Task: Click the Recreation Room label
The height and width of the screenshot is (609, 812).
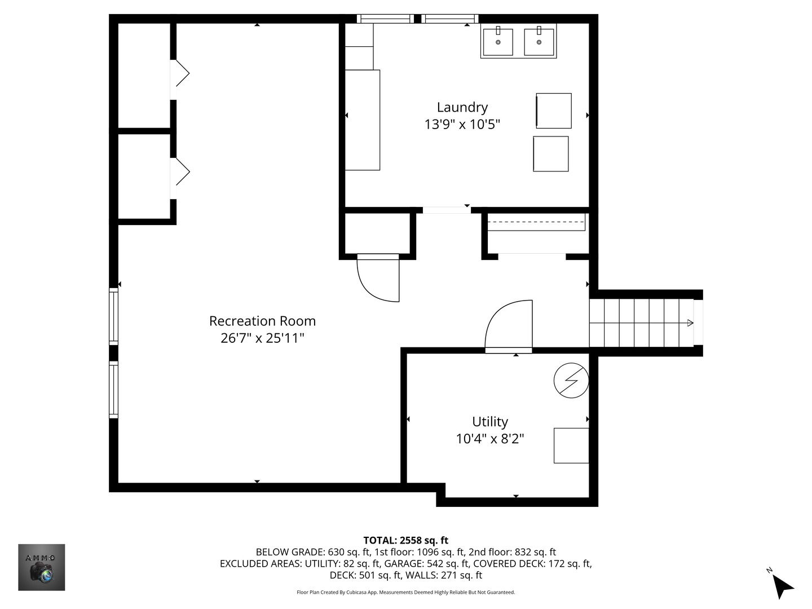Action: point(262,321)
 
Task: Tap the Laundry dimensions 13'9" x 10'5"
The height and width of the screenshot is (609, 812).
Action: point(462,124)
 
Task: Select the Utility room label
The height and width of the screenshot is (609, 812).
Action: point(490,422)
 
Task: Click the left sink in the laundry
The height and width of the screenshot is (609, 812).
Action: point(498,41)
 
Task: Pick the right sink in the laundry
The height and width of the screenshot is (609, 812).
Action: point(539,41)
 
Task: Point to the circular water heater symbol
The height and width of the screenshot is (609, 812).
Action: point(571,381)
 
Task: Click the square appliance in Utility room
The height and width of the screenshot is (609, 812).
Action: point(571,445)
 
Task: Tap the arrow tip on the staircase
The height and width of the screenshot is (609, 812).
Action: point(692,323)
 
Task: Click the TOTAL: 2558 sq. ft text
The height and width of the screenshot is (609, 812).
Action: point(406,540)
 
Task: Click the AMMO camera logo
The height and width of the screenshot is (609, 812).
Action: point(41,567)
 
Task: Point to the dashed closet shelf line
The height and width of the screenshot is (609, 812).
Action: point(536,222)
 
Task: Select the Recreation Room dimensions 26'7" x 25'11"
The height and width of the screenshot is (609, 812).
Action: point(262,338)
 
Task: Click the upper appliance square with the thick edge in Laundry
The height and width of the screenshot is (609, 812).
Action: point(553,111)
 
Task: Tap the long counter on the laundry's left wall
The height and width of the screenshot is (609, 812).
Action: point(363,120)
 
